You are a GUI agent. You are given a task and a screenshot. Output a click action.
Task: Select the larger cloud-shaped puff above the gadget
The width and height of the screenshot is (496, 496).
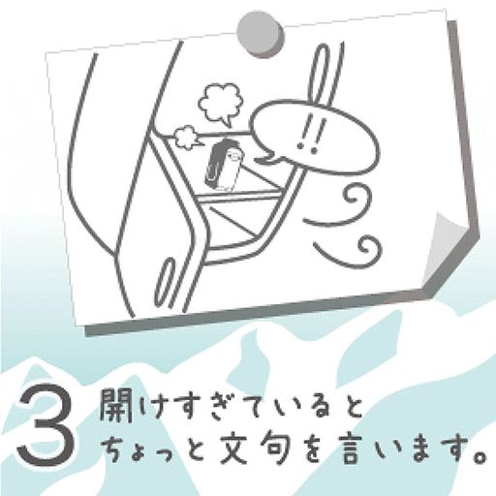(x=220, y=101)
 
